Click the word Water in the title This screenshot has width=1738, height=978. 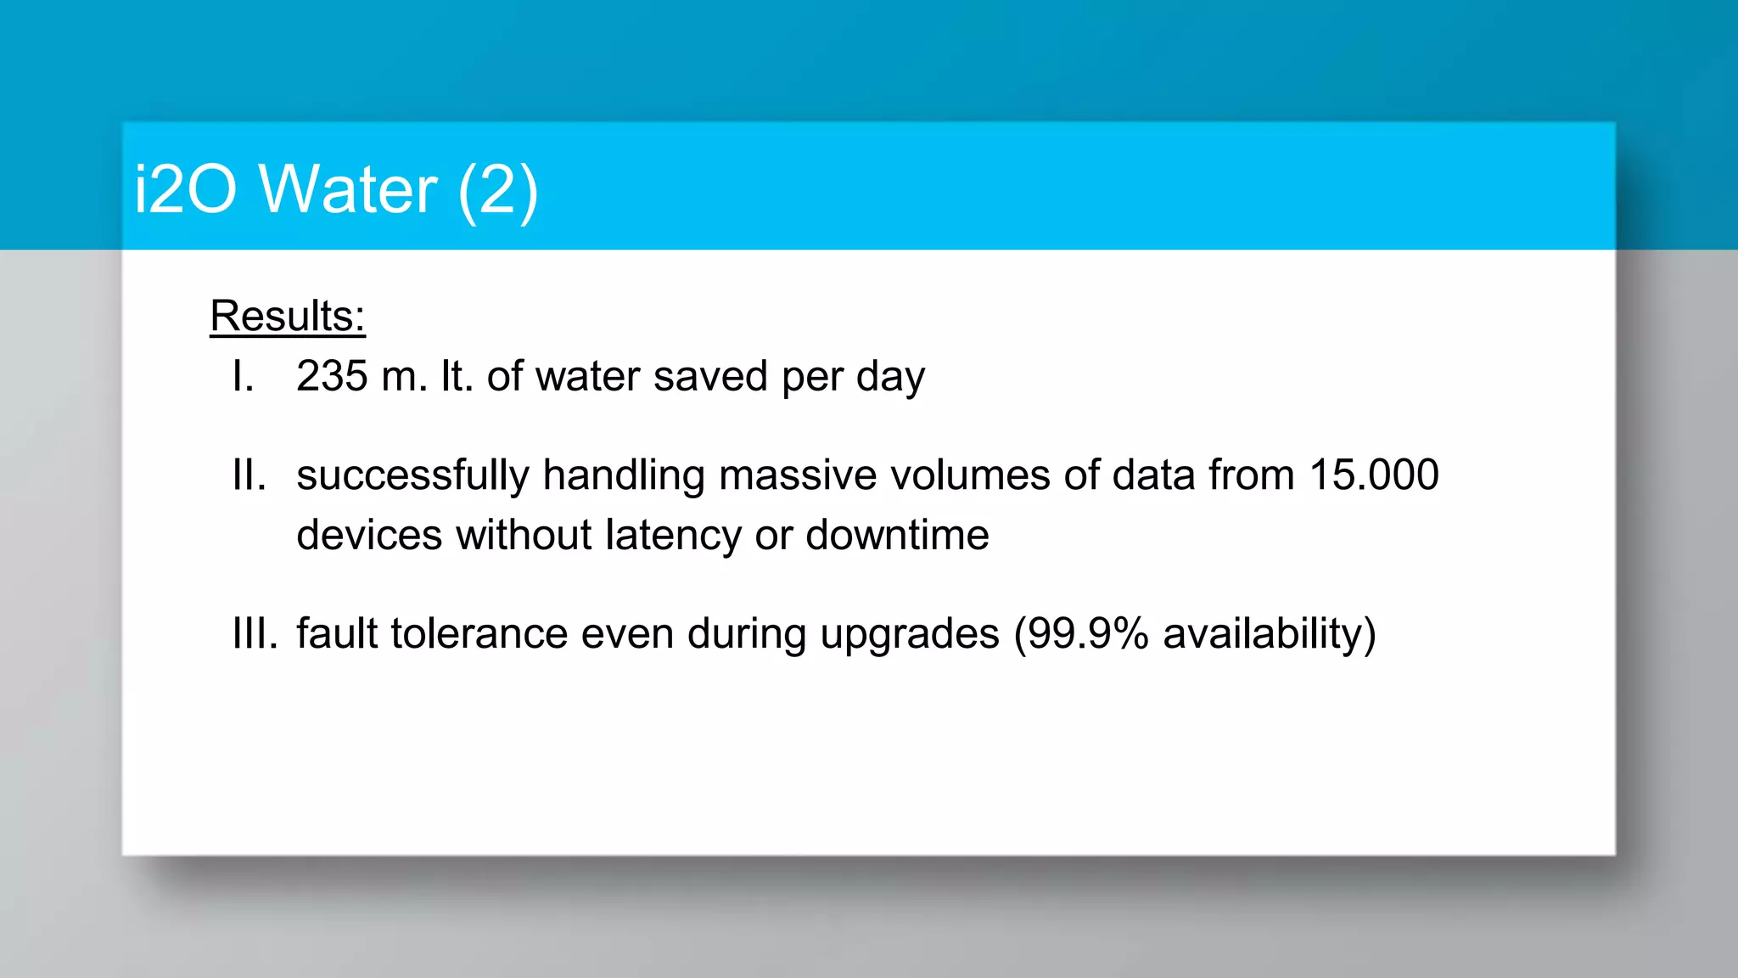pyautogui.click(x=349, y=189)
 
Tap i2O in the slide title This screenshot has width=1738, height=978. pyautogui.click(x=185, y=189)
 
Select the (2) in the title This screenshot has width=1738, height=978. pyautogui.click(x=497, y=191)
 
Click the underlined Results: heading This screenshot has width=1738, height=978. pyautogui.click(x=288, y=317)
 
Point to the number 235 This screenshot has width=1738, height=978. pyautogui.click(x=332, y=376)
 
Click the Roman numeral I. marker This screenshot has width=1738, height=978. pyautogui.click(x=244, y=376)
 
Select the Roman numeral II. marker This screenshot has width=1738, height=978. pyautogui.click(x=249, y=475)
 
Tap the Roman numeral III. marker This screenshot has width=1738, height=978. pyautogui.click(x=255, y=633)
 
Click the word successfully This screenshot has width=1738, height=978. pyautogui.click(x=412, y=475)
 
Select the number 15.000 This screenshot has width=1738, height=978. pyautogui.click(x=1374, y=475)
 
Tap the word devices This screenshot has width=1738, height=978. pyautogui.click(x=369, y=536)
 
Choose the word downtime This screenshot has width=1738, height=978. pyautogui.click(x=897, y=536)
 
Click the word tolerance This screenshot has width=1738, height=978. pyautogui.click(x=479, y=634)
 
